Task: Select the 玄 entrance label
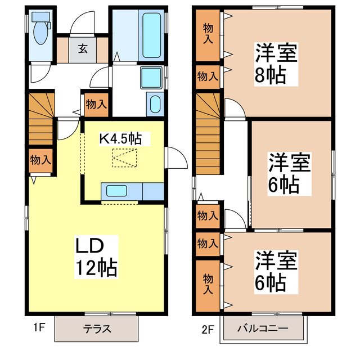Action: click(x=83, y=48)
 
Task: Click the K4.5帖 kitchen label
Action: click(x=120, y=137)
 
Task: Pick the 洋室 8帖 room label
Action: click(x=276, y=62)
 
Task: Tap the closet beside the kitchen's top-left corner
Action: click(x=96, y=103)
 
